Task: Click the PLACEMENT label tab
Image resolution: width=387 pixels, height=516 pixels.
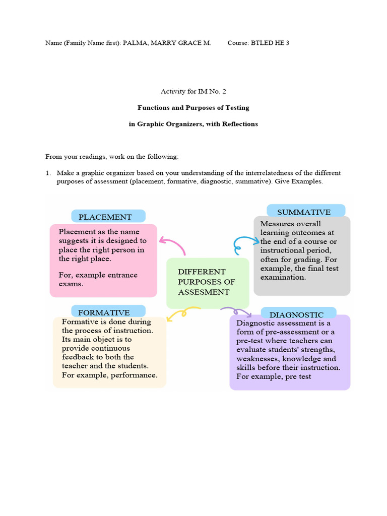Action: [108, 217]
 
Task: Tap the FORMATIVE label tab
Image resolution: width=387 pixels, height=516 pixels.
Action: [108, 312]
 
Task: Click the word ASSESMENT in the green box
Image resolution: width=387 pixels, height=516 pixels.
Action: [204, 292]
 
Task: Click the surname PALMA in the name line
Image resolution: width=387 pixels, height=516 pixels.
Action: [137, 43]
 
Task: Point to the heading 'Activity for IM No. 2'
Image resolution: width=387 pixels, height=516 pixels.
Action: [190, 91]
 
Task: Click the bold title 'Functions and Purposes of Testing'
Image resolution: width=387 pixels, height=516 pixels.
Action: [193, 107]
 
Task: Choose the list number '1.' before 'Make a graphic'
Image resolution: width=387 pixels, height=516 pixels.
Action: [48, 173]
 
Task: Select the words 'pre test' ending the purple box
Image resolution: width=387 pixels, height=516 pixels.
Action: [297, 376]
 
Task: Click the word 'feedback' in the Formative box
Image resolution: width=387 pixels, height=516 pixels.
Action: [79, 357]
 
